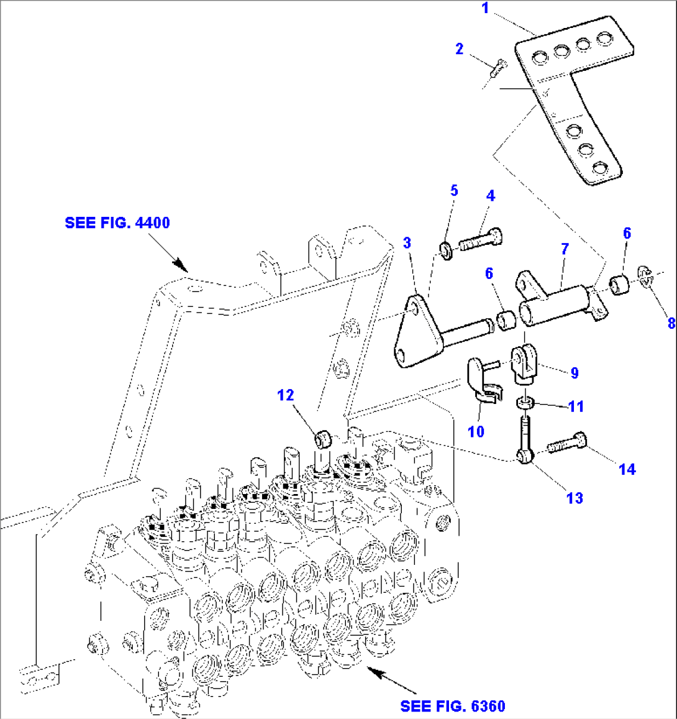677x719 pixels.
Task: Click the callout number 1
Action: [x=485, y=9]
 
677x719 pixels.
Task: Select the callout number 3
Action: [x=407, y=242]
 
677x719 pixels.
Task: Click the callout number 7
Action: [x=564, y=249]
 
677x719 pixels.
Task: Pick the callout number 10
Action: [x=476, y=431]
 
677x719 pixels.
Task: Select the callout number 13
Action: [x=575, y=497]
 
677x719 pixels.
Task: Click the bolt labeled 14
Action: [x=566, y=444]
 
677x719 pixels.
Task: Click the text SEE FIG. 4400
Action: [x=117, y=222]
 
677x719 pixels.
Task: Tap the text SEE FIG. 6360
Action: [x=453, y=706]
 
